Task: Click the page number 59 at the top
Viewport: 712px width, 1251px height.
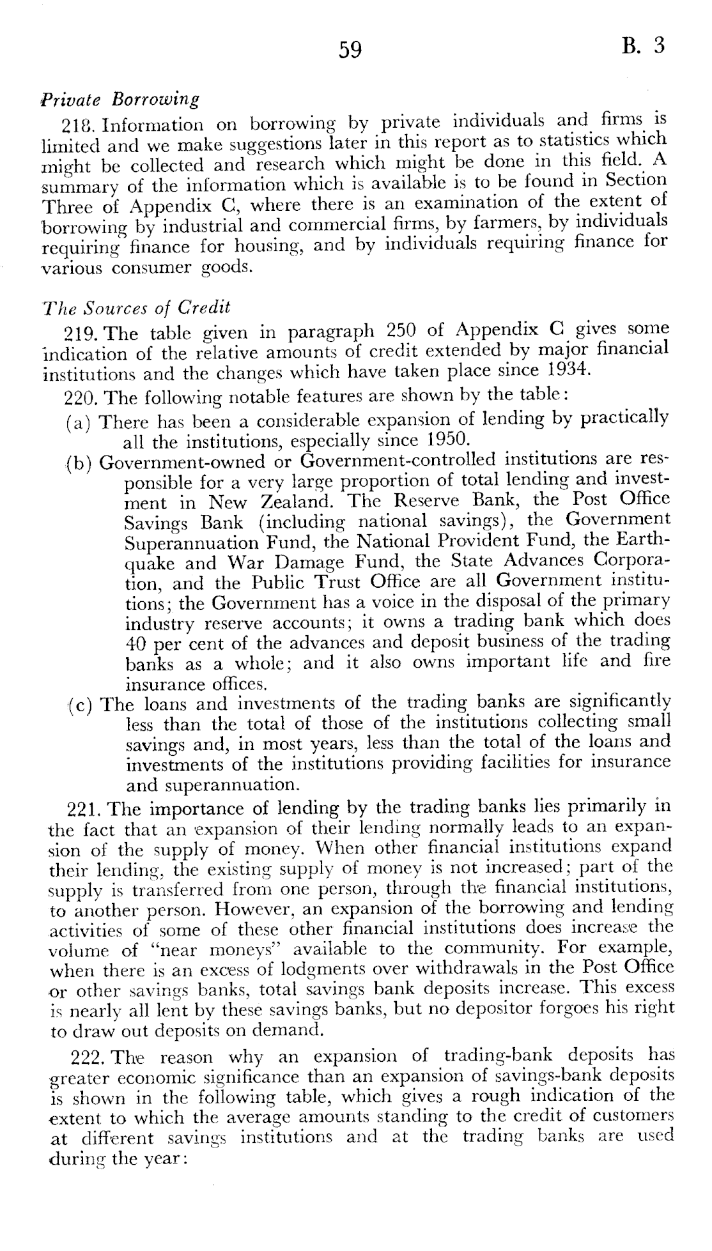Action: pos(351,49)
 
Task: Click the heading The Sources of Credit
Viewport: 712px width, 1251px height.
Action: pos(137,307)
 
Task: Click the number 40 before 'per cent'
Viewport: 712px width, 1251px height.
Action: pos(136,642)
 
